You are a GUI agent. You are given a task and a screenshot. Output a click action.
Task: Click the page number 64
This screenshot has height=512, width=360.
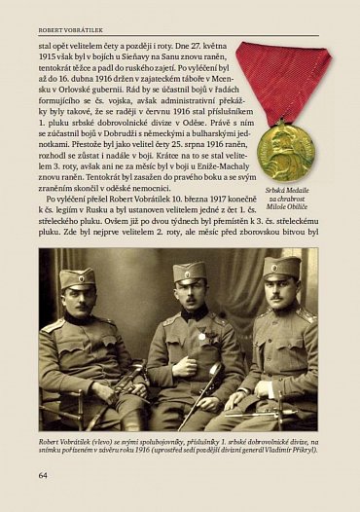(44, 475)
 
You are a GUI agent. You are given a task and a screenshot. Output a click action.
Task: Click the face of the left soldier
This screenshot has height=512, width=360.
(77, 297)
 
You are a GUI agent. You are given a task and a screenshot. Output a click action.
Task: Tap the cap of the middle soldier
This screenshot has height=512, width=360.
(191, 272)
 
